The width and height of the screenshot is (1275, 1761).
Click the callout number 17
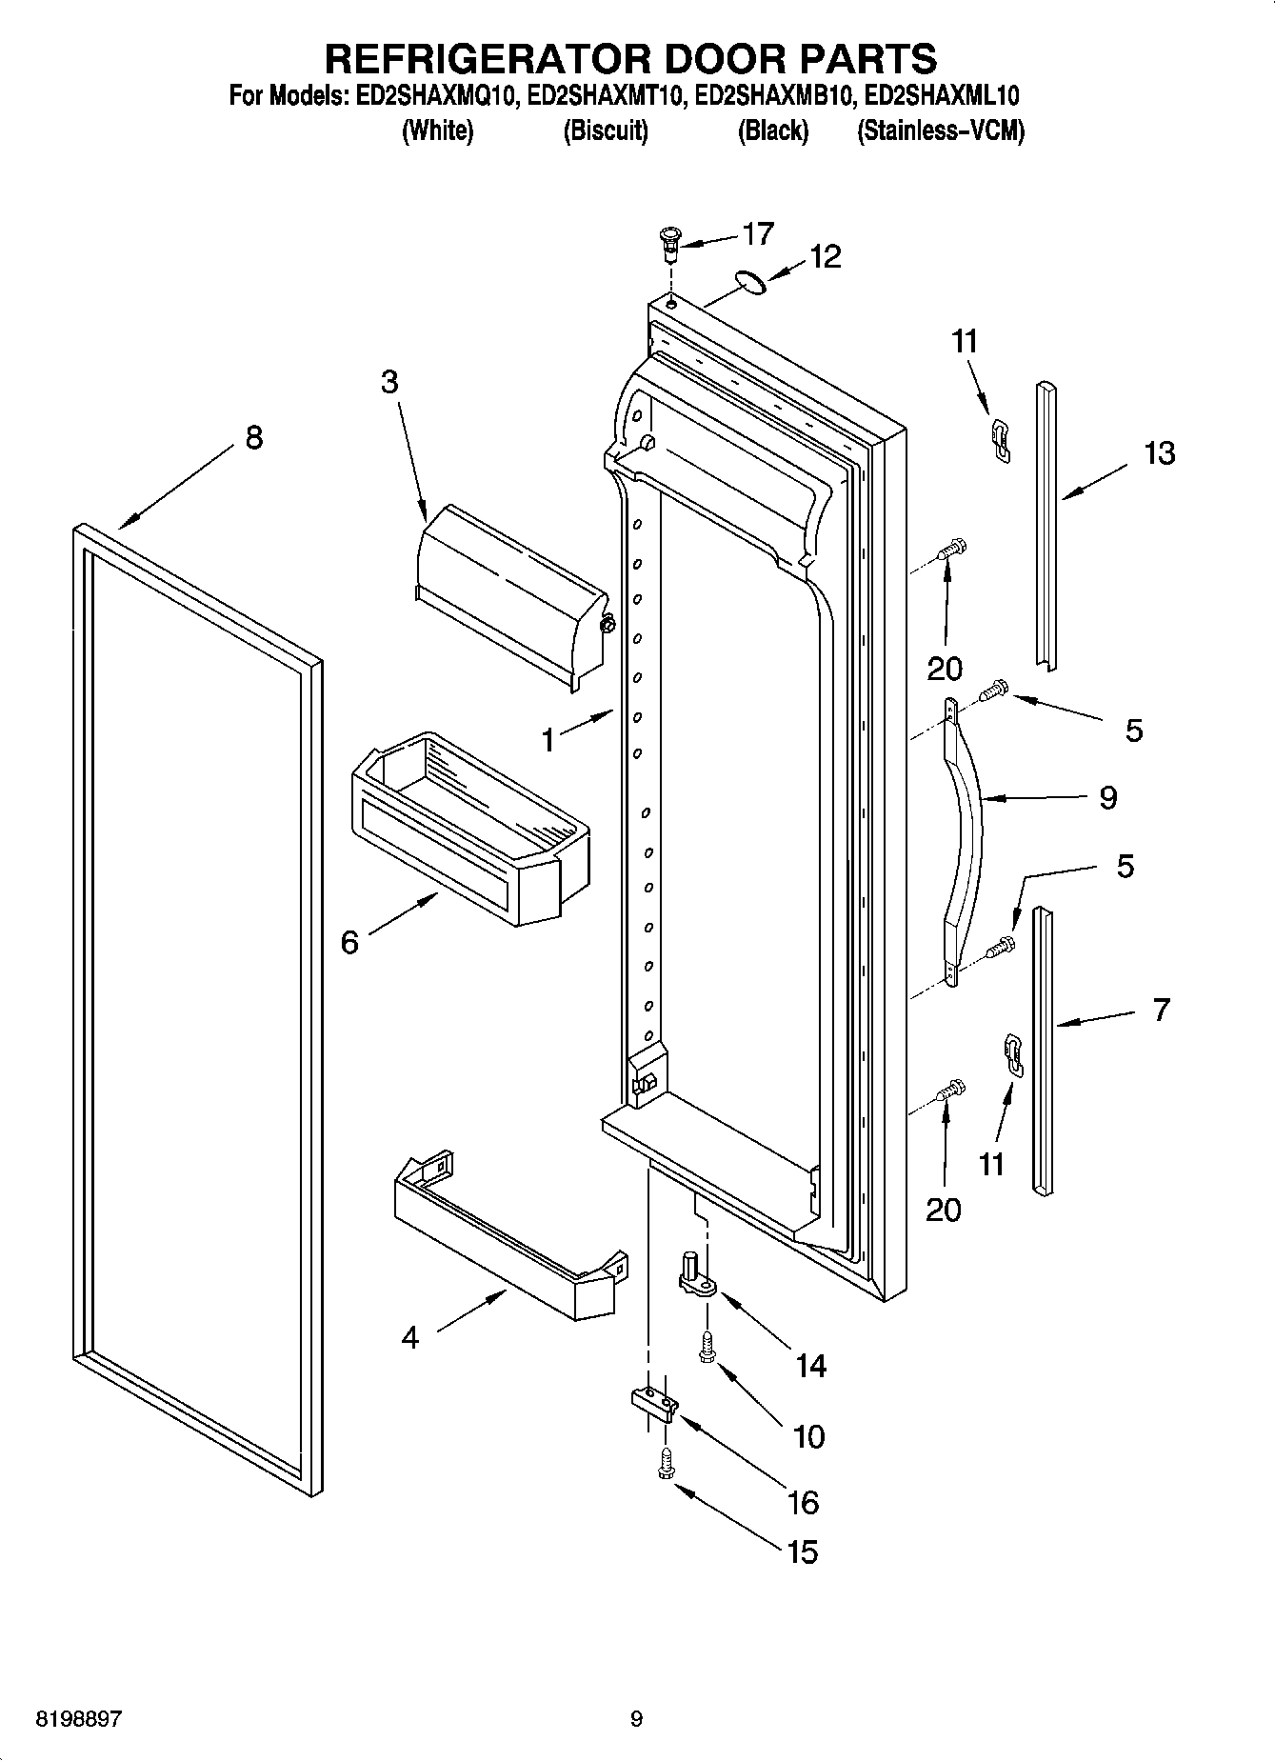758,233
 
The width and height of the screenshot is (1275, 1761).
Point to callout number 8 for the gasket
253,438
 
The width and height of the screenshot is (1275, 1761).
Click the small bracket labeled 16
653,1404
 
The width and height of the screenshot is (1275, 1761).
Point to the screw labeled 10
707,1345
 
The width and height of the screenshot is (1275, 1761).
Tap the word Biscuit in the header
606,130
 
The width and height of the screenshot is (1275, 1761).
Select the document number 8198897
79,1719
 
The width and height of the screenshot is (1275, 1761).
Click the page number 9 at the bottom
637,1719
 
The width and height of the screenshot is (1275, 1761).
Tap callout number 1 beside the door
548,739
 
